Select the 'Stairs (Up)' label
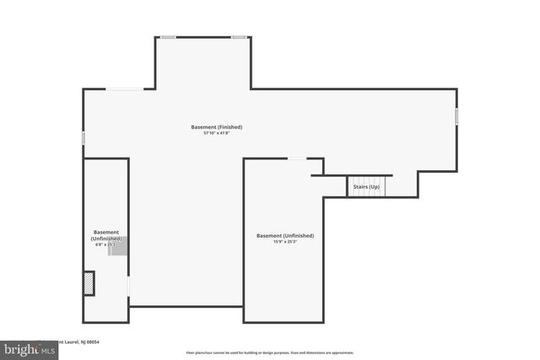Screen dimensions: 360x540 [366, 186]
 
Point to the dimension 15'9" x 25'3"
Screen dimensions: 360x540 [285, 242]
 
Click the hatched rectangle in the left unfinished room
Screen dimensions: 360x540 [89, 283]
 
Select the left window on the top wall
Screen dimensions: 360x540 [169, 37]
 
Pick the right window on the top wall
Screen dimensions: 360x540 [240, 37]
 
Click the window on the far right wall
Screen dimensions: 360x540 [456, 116]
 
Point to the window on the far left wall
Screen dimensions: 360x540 [83, 137]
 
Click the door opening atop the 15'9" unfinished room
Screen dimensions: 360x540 [297, 159]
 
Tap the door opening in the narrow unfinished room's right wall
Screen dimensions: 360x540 [128, 287]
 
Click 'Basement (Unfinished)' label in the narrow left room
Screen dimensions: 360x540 [105, 235]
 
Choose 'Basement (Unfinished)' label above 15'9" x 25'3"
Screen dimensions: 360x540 [285, 235]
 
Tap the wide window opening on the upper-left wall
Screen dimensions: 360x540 [123, 89]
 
